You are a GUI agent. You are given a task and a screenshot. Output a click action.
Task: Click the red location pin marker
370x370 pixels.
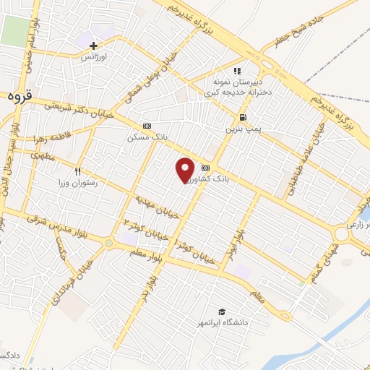186,169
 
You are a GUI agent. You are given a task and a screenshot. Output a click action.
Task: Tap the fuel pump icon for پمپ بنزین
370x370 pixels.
243,117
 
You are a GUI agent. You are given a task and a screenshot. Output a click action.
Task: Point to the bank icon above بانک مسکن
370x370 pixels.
147,125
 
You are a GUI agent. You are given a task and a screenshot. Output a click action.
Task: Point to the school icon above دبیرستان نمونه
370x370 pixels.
236,71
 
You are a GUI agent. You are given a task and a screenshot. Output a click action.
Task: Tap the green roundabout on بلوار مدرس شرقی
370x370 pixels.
108,244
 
